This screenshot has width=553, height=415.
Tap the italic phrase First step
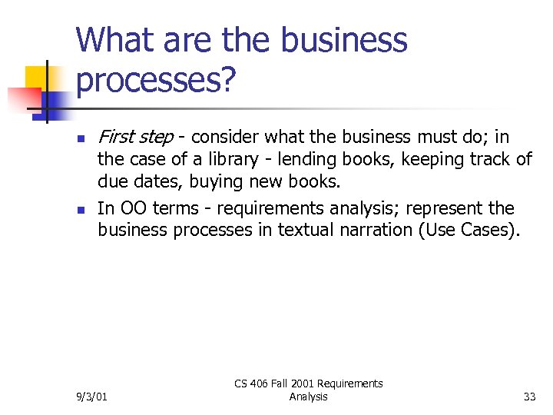point(135,137)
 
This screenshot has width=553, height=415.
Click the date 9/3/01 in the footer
point(92,397)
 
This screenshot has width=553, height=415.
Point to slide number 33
point(529,397)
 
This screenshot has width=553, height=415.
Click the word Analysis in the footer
point(308,397)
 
